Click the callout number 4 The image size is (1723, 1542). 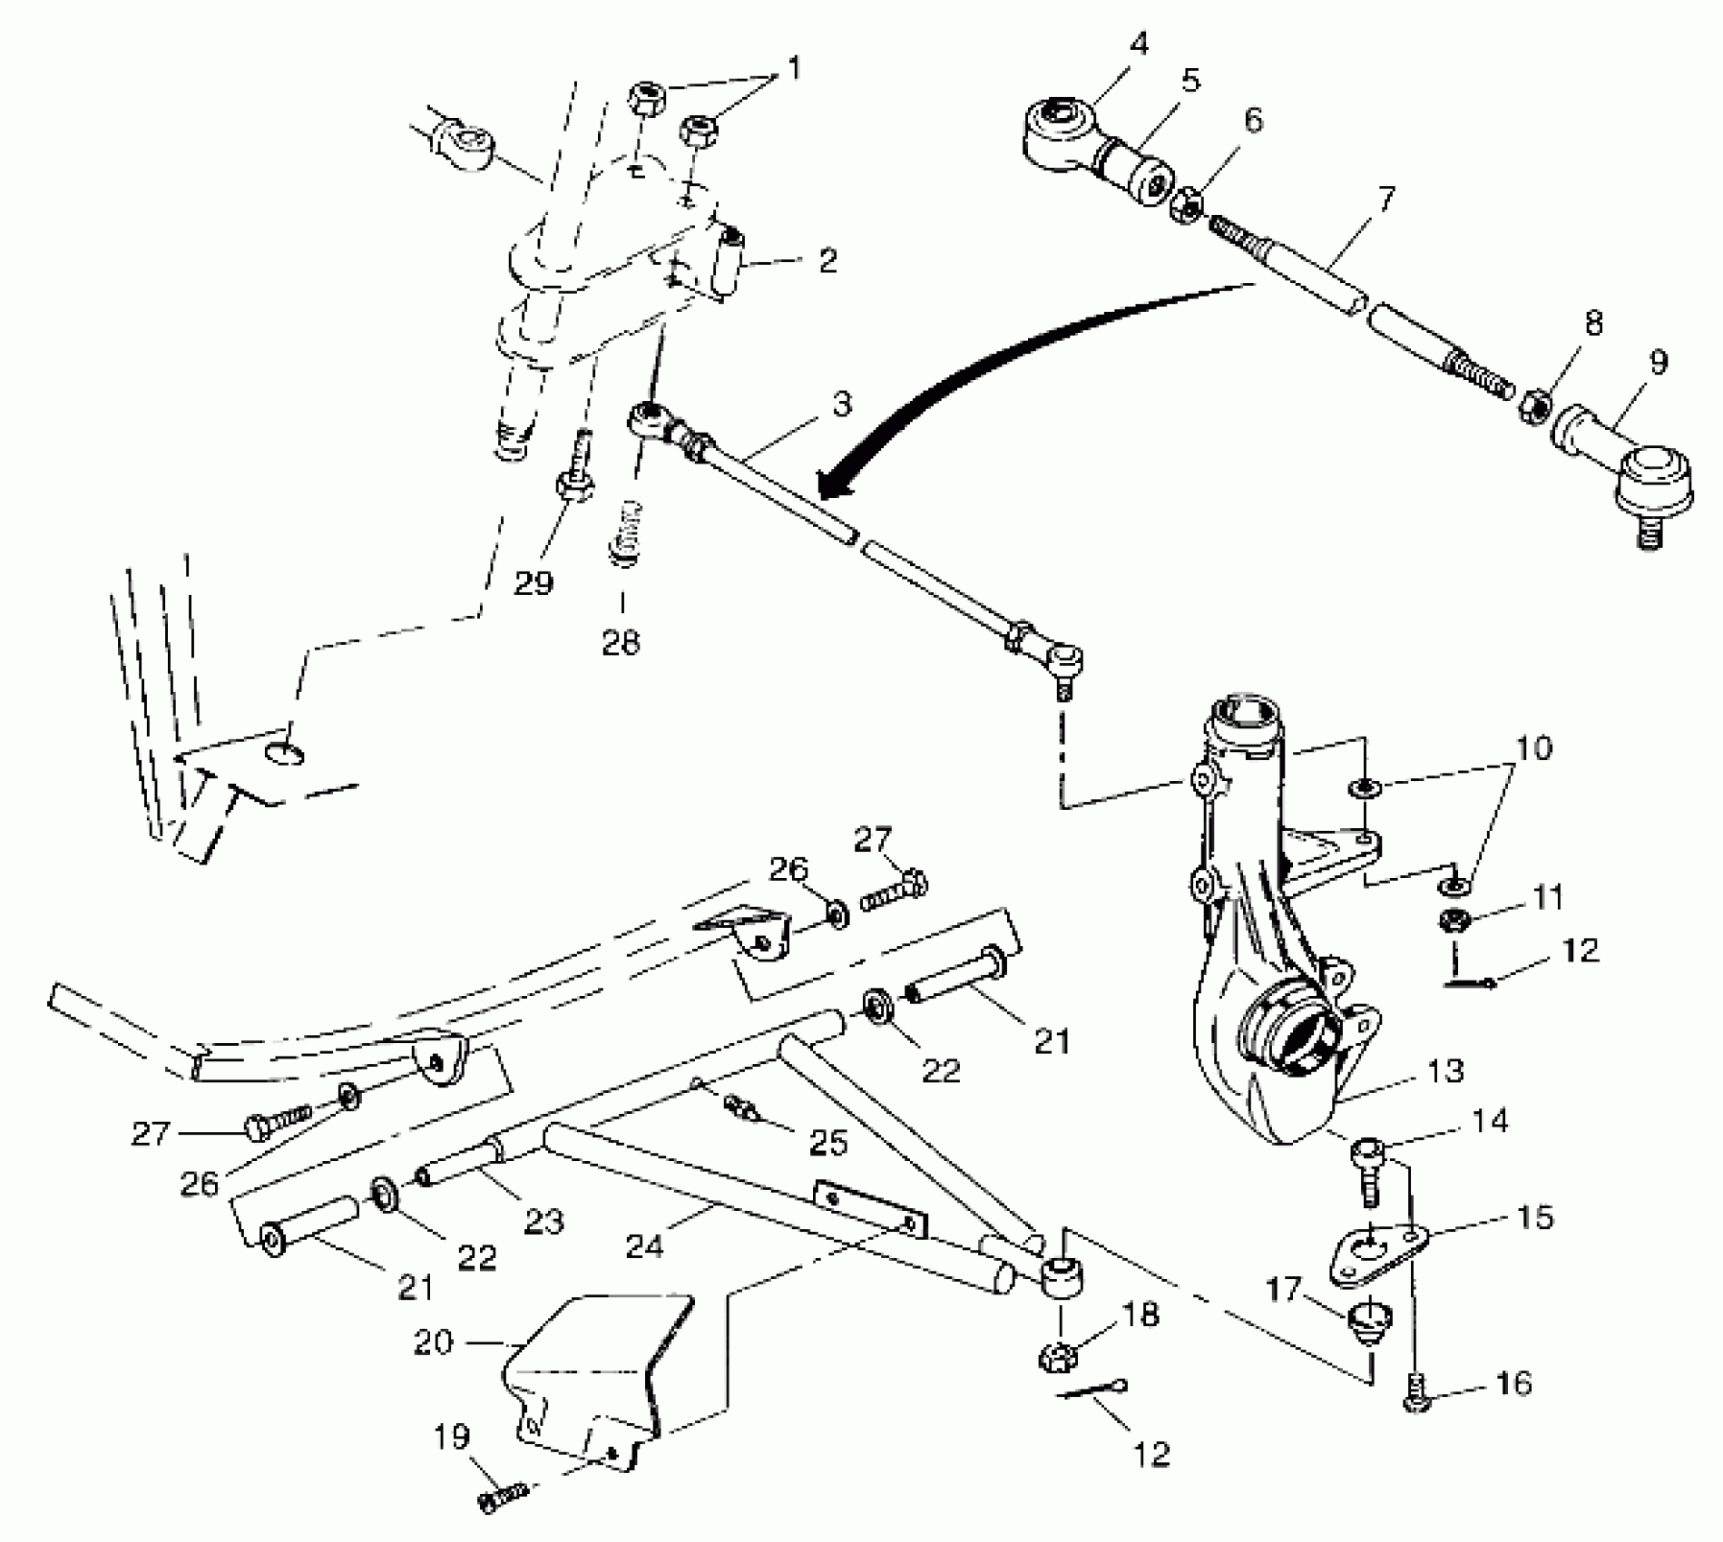pyautogui.click(x=1139, y=43)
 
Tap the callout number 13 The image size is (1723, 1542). pyautogui.click(x=1444, y=1070)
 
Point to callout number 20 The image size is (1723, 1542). pyautogui.click(x=433, y=1342)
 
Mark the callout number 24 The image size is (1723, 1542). pyautogui.click(x=642, y=1246)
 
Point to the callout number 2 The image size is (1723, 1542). pyautogui.click(x=827, y=260)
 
